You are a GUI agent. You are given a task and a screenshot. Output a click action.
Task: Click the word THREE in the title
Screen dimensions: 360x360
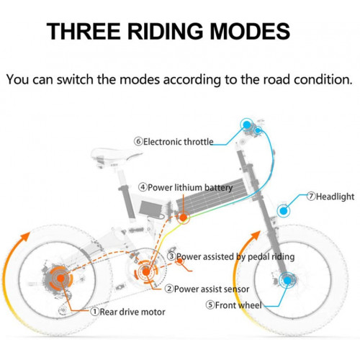pos(84,31)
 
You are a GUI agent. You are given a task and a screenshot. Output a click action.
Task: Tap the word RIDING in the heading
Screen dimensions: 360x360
pos(165,31)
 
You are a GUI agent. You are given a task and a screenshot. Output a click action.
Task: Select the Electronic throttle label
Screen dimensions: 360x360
pos(174,142)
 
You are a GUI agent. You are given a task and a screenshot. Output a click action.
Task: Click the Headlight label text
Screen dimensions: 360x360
pos(330,197)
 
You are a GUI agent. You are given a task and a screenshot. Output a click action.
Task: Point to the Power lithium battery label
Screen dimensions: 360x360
pos(186,187)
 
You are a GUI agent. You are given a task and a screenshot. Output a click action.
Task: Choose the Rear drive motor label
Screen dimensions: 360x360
pos(128,312)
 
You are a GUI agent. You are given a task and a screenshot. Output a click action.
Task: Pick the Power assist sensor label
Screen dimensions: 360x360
pos(207,289)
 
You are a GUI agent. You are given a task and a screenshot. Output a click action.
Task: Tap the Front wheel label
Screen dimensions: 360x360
pos(234,305)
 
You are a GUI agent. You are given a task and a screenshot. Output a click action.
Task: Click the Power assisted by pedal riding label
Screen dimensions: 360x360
pos(231,256)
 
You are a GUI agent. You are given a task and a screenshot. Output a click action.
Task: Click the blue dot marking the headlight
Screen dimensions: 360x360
pos(284,211)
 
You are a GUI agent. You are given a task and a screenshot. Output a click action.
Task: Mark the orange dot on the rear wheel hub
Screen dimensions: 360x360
pos(60,279)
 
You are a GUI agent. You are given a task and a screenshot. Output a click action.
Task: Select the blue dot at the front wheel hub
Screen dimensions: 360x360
pos(287,280)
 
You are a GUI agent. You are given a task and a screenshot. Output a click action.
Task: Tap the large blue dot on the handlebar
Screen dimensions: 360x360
pos(247,125)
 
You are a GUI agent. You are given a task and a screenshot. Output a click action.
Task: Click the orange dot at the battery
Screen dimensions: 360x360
pos(184,217)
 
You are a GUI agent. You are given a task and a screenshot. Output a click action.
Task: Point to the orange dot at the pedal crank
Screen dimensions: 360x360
pos(146,272)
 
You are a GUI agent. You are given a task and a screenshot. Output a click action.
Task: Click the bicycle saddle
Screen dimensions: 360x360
pos(115,155)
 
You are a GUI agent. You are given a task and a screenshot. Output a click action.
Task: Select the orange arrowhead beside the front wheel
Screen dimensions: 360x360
pos(256,235)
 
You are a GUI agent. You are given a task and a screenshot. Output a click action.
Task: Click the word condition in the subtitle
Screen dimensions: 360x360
pos(323,79)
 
